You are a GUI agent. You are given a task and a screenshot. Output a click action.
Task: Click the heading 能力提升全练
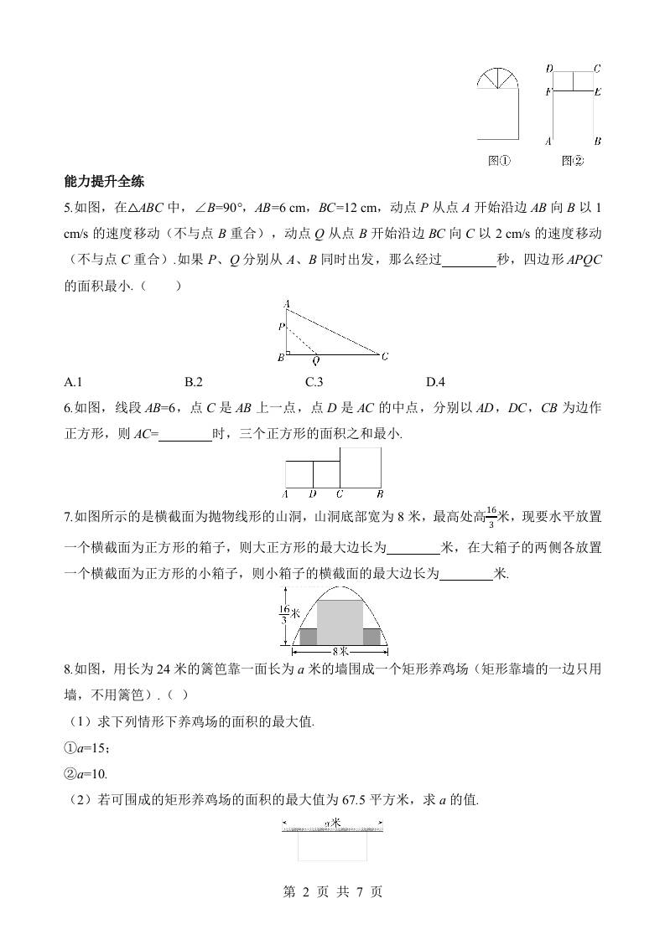106,180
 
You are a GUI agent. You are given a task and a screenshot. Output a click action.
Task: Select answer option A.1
73,383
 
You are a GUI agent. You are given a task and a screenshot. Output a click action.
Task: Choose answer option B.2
194,383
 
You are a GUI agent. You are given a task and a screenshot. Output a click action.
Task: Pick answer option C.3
314,383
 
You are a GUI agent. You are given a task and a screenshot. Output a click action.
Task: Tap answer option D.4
435,383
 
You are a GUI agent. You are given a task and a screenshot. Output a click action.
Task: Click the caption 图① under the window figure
500,161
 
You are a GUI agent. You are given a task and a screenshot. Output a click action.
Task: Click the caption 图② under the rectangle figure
573,161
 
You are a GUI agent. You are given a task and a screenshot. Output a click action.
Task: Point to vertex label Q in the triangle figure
316,362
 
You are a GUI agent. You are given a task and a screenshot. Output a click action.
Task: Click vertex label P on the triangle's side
282,325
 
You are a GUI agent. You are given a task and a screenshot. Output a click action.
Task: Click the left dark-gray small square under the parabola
309,637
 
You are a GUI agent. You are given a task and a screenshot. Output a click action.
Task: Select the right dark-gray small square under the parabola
371,637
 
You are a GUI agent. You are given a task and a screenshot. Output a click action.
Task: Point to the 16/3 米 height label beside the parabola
283,616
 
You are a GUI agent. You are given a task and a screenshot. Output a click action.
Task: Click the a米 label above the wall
332,824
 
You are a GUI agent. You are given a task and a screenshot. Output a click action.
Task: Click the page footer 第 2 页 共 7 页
333,892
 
